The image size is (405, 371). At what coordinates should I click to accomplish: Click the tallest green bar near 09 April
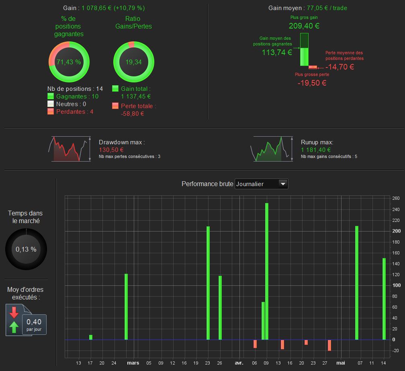267,271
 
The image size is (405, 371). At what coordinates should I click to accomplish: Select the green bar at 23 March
208,283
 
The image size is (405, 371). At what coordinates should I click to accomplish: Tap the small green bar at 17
91,337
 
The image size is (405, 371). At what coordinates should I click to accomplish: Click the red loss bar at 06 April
255,344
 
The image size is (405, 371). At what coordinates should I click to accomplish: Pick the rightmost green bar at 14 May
384,299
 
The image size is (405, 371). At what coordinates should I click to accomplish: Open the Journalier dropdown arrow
283,184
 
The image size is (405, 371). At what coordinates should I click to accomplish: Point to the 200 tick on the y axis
397,231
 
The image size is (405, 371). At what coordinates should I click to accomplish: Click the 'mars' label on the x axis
133,363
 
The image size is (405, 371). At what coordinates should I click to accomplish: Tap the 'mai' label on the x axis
340,363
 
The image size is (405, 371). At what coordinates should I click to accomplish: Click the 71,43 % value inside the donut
69,62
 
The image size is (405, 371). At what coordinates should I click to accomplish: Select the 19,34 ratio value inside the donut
133,62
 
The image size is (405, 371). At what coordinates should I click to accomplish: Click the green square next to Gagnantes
51,96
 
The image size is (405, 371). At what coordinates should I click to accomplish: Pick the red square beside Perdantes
51,111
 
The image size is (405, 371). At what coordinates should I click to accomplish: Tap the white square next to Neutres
51,104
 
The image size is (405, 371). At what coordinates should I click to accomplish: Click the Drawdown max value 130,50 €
111,150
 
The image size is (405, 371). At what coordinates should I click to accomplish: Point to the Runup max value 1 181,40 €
316,150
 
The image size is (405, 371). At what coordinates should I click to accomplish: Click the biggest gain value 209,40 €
304,26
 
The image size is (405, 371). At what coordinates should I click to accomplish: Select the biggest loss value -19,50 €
312,83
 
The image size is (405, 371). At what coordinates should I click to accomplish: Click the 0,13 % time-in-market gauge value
26,249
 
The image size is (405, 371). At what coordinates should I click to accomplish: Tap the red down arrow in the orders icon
14,312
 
